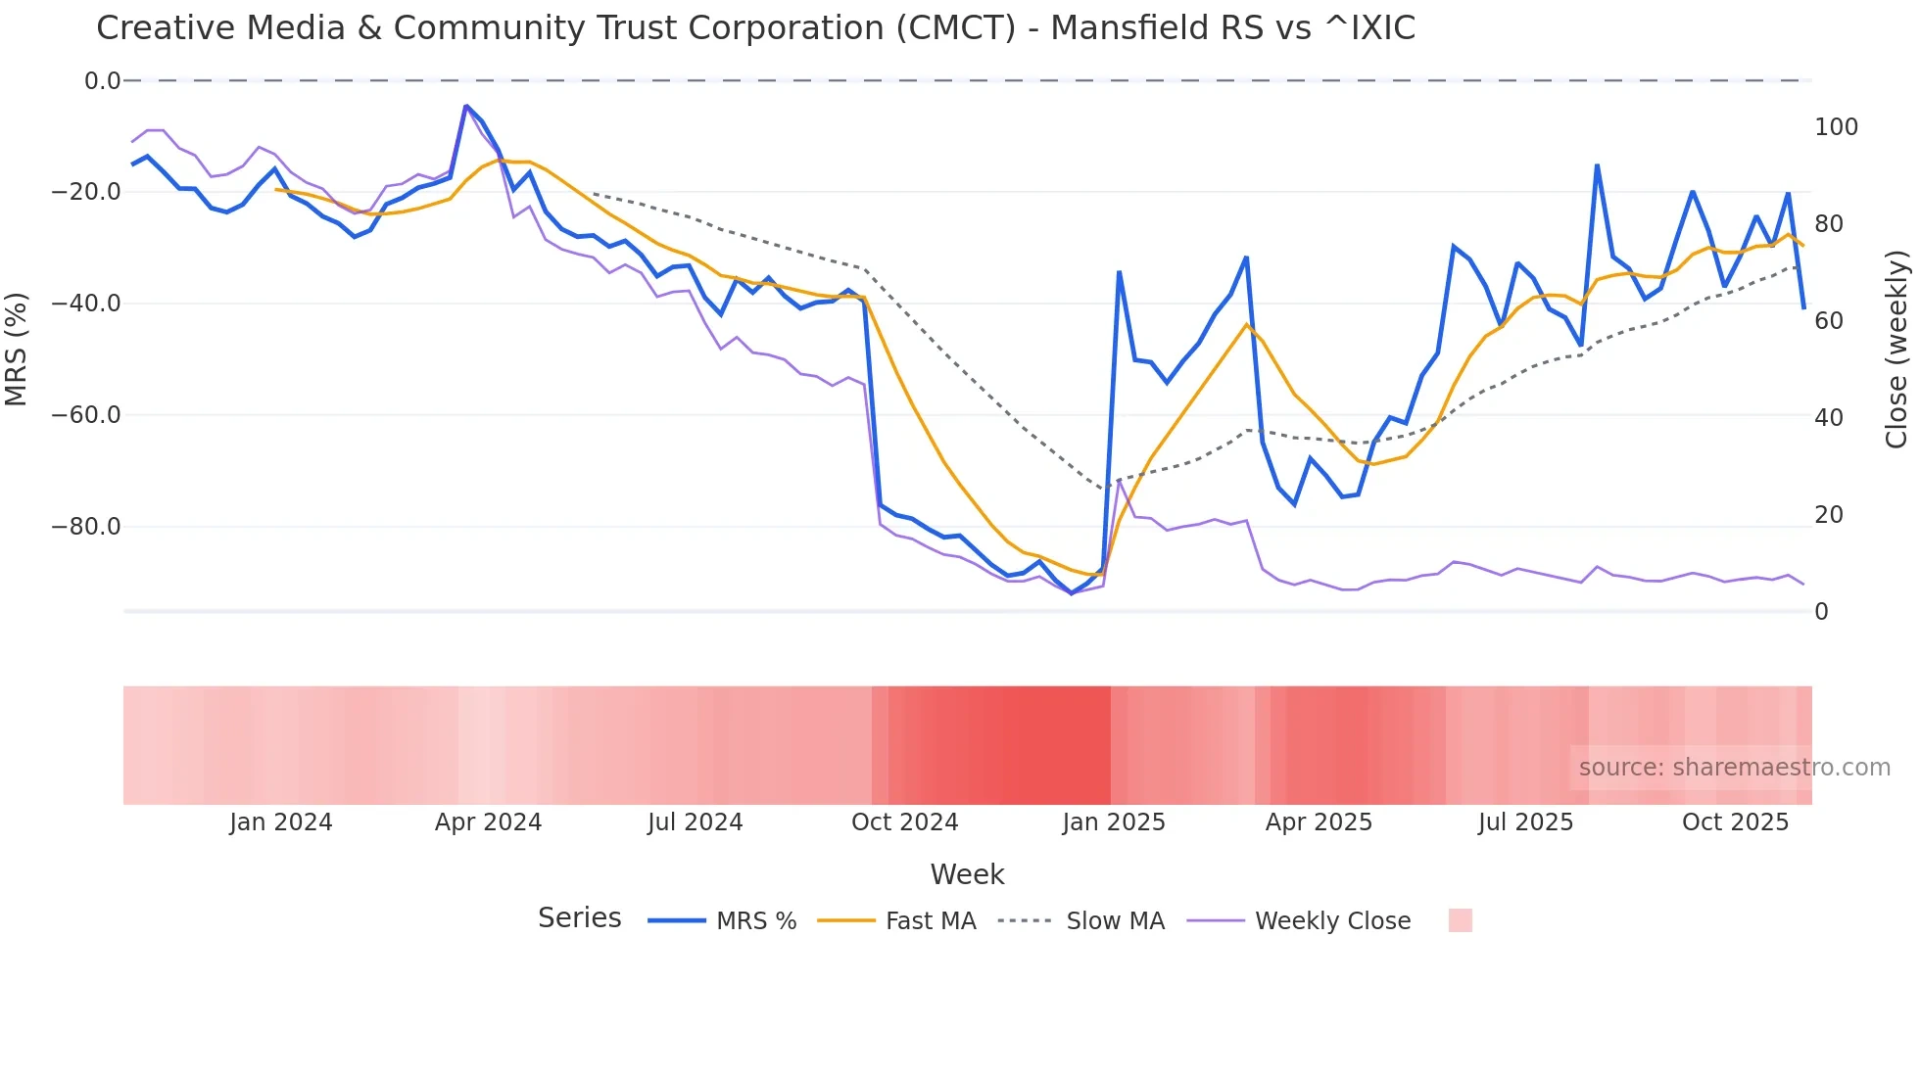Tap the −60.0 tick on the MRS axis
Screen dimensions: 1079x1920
pyautogui.click(x=86, y=415)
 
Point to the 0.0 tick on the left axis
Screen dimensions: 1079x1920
pyautogui.click(x=102, y=81)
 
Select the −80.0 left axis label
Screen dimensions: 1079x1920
pyautogui.click(x=86, y=527)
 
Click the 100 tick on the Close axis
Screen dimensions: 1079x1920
pyautogui.click(x=1836, y=127)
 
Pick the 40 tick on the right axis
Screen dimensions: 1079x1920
pyautogui.click(x=1828, y=418)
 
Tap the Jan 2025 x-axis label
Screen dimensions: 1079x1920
pyautogui.click(x=1114, y=822)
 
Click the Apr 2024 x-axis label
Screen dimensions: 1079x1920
pyautogui.click(x=488, y=822)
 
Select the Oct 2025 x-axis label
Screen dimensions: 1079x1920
pyautogui.click(x=1735, y=822)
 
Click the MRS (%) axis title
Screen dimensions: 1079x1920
pyautogui.click(x=16, y=349)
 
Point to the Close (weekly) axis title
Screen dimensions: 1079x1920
pyautogui.click(x=1897, y=349)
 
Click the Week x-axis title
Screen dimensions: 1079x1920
pyautogui.click(x=967, y=874)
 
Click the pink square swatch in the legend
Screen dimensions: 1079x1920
pyautogui.click(x=1460, y=920)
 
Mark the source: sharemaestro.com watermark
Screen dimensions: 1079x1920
pyautogui.click(x=1734, y=768)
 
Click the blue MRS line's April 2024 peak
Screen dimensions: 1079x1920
pyautogui.click(x=466, y=106)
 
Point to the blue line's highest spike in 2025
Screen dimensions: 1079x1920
pyautogui.click(x=1597, y=165)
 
